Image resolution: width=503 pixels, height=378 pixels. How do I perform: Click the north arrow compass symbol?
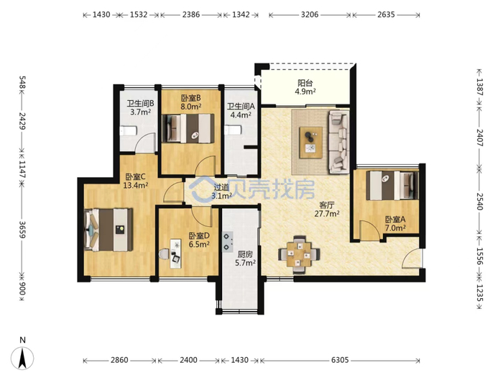[x=22, y=357]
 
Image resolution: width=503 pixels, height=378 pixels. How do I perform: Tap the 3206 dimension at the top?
[x=310, y=14]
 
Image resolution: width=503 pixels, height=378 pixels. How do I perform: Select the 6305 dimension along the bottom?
[x=340, y=360]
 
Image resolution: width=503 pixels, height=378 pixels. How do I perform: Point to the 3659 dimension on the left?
[x=22, y=230]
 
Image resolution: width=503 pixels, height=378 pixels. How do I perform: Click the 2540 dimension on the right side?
[x=479, y=201]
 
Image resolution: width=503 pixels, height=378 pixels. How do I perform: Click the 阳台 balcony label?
[x=305, y=83]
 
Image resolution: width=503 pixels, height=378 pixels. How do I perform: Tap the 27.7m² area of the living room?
[x=327, y=213]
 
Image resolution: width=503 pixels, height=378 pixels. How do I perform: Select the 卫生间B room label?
[x=140, y=104]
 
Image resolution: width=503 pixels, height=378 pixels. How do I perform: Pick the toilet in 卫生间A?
[x=232, y=130]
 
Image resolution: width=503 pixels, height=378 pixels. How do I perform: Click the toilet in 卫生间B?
[x=129, y=130]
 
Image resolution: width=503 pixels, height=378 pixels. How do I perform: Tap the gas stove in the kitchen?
[x=228, y=242]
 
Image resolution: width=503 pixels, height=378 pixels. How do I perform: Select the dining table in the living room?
[x=299, y=255]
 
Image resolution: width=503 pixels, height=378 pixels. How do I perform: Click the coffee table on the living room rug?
[x=310, y=143]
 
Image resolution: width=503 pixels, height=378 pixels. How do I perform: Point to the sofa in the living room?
[x=338, y=142]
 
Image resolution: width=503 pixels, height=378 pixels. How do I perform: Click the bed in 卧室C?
[x=109, y=230]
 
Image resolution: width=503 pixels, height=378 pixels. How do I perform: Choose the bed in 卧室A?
[x=392, y=186]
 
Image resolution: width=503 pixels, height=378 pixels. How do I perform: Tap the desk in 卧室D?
[x=175, y=253]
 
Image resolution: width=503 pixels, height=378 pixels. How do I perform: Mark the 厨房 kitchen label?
[x=245, y=255]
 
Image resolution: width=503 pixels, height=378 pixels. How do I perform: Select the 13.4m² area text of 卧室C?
[x=136, y=185]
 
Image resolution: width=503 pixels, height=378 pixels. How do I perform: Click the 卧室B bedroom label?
[x=191, y=98]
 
